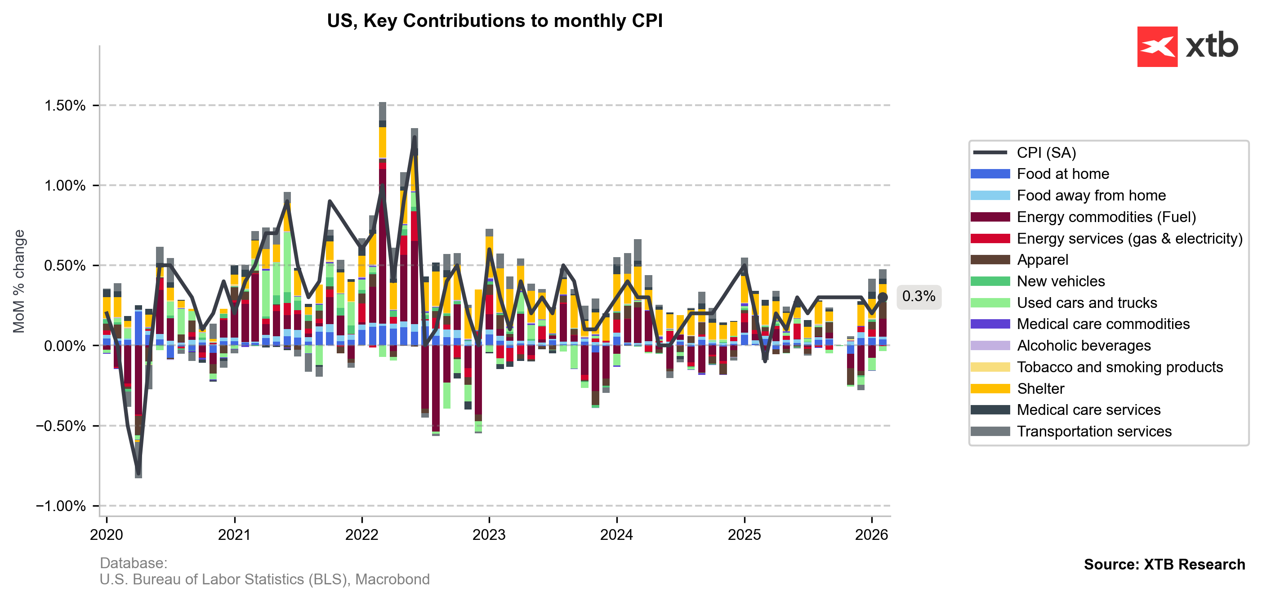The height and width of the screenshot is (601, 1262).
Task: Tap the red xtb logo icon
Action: pos(1157,47)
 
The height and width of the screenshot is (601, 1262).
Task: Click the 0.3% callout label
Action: pos(918,296)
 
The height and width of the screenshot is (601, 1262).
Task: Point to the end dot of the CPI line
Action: pos(883,297)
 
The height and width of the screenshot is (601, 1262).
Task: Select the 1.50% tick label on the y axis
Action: pos(65,105)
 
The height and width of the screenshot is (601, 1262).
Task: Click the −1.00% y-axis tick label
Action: pos(61,506)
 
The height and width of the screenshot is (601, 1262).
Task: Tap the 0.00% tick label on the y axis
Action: pos(65,346)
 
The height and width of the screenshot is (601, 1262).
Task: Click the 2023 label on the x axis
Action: pos(489,534)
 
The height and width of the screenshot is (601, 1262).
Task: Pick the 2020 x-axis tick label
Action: pos(106,534)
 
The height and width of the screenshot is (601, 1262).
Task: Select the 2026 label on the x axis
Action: pos(872,534)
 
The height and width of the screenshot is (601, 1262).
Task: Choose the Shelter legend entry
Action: pos(1040,388)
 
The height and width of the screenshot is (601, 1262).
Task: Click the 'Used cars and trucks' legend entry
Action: pos(1087,303)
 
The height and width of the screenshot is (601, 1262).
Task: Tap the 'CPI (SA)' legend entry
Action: pos(1046,153)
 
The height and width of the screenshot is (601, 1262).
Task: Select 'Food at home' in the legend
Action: pos(1063,174)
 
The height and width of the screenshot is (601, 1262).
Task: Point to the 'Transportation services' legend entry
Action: pos(1093,431)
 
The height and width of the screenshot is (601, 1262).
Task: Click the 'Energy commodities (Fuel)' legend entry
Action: pos(1106,217)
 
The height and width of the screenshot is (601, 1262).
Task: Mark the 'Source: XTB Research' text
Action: pos(1164,564)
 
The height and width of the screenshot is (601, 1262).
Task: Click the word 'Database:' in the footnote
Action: pos(133,563)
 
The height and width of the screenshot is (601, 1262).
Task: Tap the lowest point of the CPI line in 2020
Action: pos(138,474)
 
